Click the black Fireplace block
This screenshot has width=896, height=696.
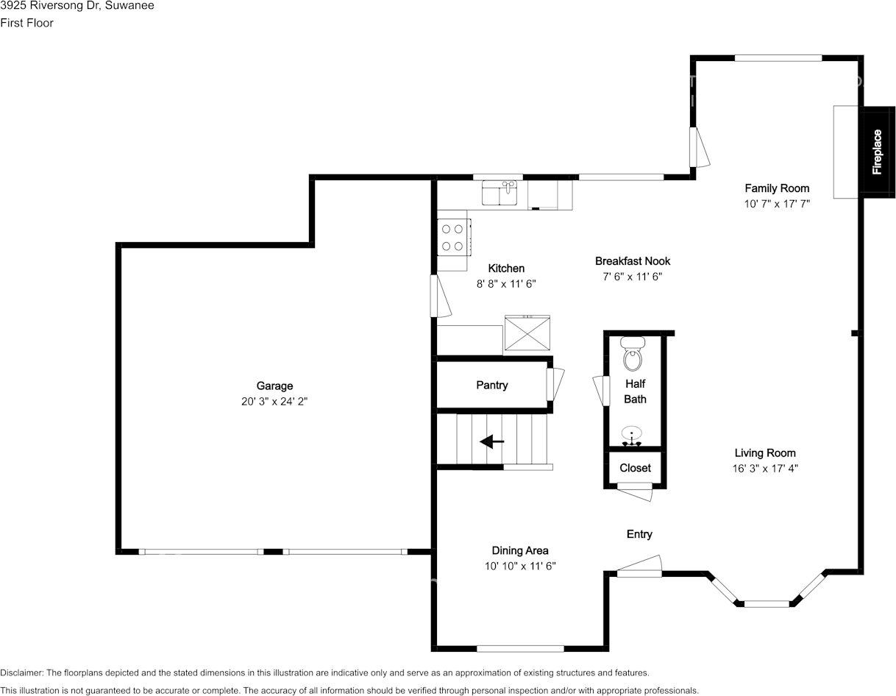[x=878, y=152]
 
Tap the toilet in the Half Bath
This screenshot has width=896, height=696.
[x=633, y=354]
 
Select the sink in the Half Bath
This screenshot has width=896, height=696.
[x=632, y=436]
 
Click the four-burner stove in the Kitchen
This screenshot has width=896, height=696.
[x=454, y=238]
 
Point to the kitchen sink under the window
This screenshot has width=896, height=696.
[x=499, y=193]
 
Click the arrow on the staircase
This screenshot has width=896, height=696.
[x=491, y=441]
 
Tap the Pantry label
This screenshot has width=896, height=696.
[x=492, y=385]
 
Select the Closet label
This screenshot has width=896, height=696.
[x=635, y=468]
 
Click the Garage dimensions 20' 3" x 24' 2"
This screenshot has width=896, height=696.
[x=274, y=401]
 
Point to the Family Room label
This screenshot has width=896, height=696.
[x=777, y=188]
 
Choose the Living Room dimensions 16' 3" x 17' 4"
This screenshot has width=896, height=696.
[x=765, y=469]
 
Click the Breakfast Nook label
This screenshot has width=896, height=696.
[x=633, y=261]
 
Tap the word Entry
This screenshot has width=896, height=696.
[x=639, y=534]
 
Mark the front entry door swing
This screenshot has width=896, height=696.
[x=639, y=567]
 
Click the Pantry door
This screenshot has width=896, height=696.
[x=555, y=384]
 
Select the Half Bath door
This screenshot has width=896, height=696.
[x=601, y=391]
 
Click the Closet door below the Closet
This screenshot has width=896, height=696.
[x=635, y=492]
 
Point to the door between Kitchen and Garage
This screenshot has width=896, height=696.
[x=441, y=296]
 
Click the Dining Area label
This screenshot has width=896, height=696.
[x=520, y=551]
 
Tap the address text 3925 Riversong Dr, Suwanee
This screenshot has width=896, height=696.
[x=77, y=6]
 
